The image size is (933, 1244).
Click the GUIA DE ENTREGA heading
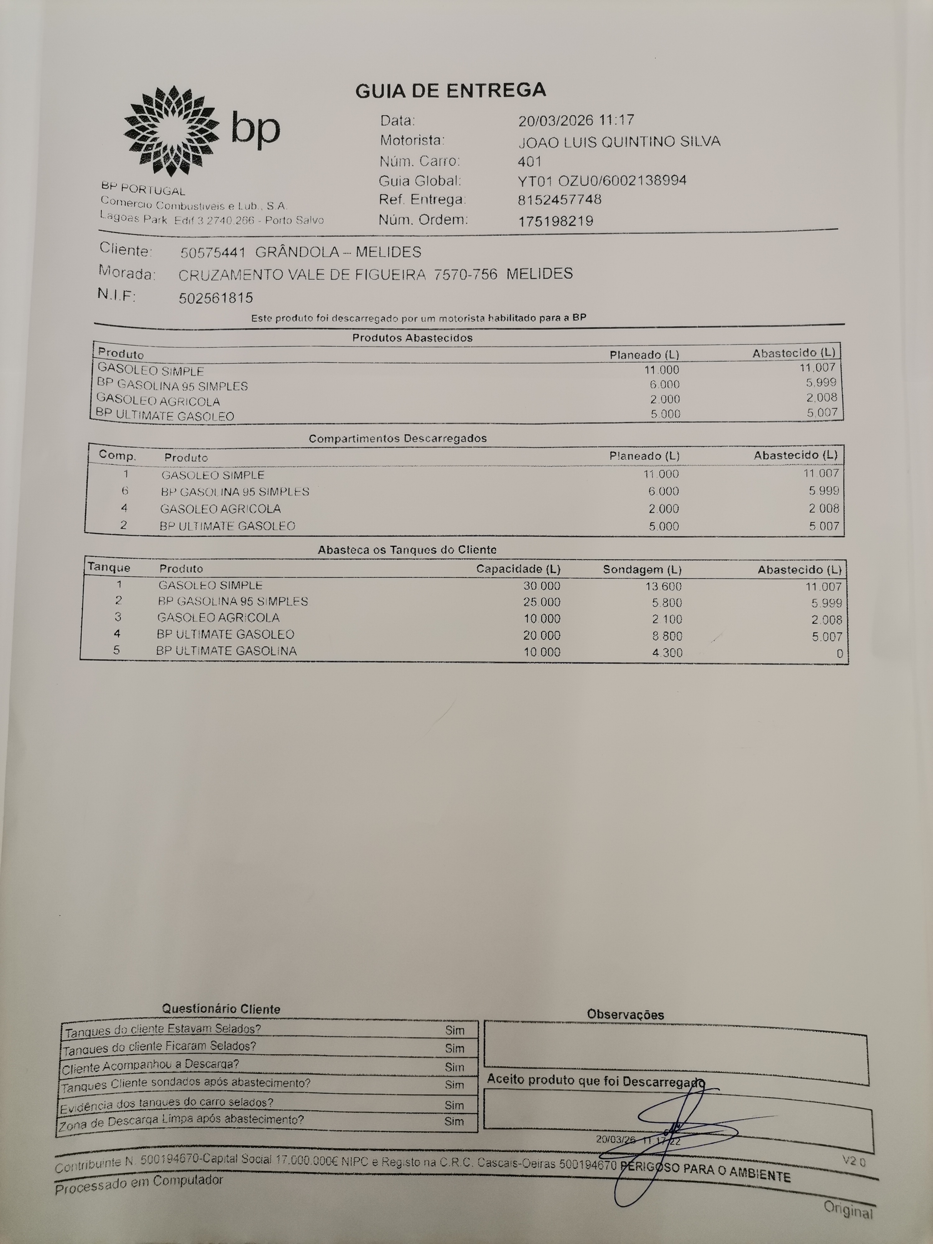pos(450,90)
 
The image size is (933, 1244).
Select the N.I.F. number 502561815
pos(216,298)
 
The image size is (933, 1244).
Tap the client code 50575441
pos(213,253)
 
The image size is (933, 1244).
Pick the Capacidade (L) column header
pos(518,569)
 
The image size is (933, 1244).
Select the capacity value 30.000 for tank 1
pos(541,585)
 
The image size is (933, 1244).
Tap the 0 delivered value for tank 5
pos(839,653)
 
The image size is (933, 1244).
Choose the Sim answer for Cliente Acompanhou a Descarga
pos(454,1067)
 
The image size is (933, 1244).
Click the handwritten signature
pos(675,1130)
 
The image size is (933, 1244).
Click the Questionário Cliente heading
pos(221,1009)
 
